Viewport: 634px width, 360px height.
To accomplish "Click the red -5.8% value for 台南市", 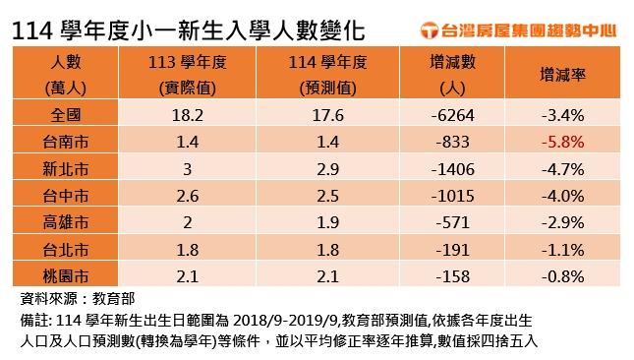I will (564, 142).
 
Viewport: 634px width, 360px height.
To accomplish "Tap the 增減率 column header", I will (564, 73).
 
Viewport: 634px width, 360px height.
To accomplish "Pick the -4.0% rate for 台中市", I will (564, 195).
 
